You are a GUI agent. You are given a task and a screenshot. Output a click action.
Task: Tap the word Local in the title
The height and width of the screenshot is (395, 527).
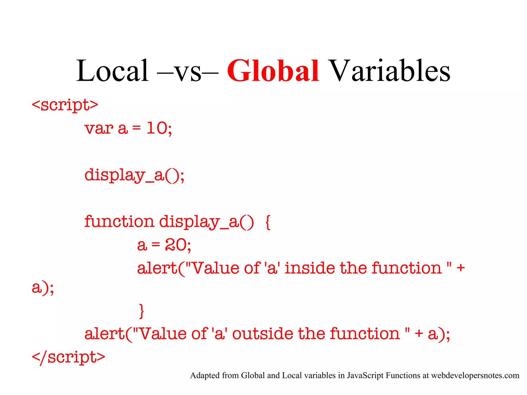click(112, 71)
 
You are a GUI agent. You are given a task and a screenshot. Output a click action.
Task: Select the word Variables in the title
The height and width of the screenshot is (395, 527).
click(390, 71)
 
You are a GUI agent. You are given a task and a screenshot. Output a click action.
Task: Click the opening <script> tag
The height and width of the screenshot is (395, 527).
click(65, 105)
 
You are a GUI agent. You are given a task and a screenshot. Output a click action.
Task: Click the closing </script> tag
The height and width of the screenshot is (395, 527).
click(68, 357)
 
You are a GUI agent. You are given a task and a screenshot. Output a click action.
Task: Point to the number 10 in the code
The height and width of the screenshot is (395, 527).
click(157, 128)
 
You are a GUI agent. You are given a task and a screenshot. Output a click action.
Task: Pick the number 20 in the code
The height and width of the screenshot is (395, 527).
click(176, 245)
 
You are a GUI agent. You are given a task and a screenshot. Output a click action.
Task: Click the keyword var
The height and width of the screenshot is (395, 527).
click(99, 128)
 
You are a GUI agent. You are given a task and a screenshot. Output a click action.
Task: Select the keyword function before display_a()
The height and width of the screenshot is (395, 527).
click(119, 221)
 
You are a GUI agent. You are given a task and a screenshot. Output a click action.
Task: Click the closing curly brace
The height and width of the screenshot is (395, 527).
click(141, 311)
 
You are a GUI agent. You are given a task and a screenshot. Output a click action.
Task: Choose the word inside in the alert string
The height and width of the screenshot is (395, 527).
click(310, 268)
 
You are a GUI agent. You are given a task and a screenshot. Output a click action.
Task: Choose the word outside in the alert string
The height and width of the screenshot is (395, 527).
click(262, 334)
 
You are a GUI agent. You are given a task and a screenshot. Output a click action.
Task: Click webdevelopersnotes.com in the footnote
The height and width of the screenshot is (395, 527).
click(475, 375)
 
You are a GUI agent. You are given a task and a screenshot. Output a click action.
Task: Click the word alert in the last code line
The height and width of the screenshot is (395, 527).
click(104, 334)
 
